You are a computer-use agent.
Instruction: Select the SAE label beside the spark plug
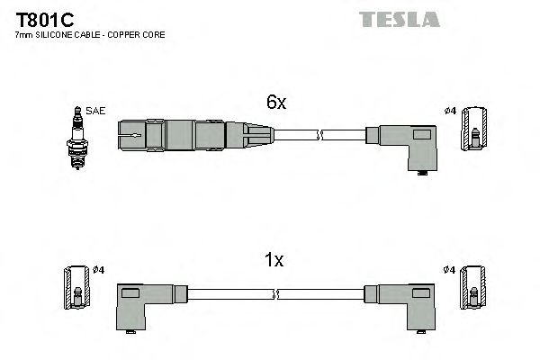click(x=96, y=111)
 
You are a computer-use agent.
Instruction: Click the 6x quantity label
click(x=274, y=103)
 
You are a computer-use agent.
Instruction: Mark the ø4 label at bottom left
click(x=100, y=269)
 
